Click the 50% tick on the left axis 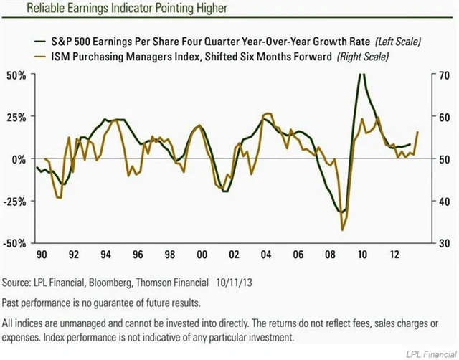pyautogui.click(x=16, y=75)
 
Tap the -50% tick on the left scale pyautogui.click(x=15, y=243)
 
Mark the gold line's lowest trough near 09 pyautogui.click(x=343, y=229)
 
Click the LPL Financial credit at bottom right pyautogui.click(x=429, y=351)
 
